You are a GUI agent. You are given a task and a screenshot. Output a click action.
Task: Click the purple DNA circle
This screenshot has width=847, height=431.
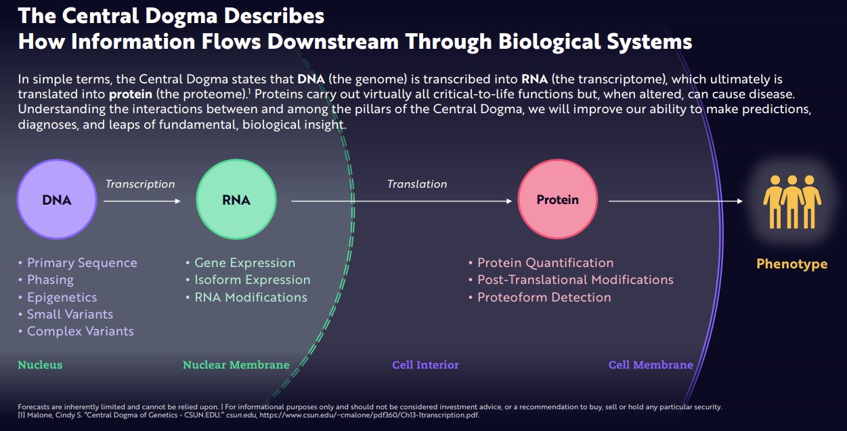pos(57,200)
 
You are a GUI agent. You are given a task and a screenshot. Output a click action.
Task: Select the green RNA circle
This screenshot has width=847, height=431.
pos(236,200)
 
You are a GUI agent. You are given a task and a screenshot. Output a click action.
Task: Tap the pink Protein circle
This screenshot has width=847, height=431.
pos(557,200)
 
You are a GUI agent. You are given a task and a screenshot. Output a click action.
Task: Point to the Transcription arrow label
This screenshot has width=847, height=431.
pos(140,184)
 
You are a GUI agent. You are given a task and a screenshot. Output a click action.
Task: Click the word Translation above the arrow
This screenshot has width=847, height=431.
pos(417,184)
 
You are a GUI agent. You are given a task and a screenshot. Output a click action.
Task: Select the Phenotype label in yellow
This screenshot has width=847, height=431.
pos(791,264)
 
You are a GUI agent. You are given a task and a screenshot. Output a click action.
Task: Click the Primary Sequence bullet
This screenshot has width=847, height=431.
pos(81,263)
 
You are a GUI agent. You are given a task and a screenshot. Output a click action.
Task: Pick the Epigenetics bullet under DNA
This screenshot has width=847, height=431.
pos(62,297)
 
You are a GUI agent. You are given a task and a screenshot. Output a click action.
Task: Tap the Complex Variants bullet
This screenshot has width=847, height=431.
pos(80,331)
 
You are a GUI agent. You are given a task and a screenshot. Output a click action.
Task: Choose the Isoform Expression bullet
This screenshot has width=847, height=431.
pos(252,280)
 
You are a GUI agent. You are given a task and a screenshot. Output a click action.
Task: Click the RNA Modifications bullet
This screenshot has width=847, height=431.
pos(251,297)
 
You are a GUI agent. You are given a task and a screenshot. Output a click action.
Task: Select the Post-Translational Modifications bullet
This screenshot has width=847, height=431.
pos(575,280)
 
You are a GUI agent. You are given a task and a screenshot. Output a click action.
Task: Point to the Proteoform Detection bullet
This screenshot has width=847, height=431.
pos(544,297)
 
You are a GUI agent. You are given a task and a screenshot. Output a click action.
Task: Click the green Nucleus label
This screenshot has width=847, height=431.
pos(40,365)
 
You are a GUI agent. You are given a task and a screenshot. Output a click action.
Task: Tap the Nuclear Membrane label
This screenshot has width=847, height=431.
pos(236,365)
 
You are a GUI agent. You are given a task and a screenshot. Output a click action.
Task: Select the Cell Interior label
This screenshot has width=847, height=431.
pos(425,365)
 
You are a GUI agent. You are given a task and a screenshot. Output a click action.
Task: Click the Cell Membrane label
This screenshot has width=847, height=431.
pos(651,365)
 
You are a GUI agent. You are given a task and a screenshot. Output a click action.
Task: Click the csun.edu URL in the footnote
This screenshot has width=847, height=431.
pos(369,415)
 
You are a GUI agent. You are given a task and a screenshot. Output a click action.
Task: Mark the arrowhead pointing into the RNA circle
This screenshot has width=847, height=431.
pos(178,201)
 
